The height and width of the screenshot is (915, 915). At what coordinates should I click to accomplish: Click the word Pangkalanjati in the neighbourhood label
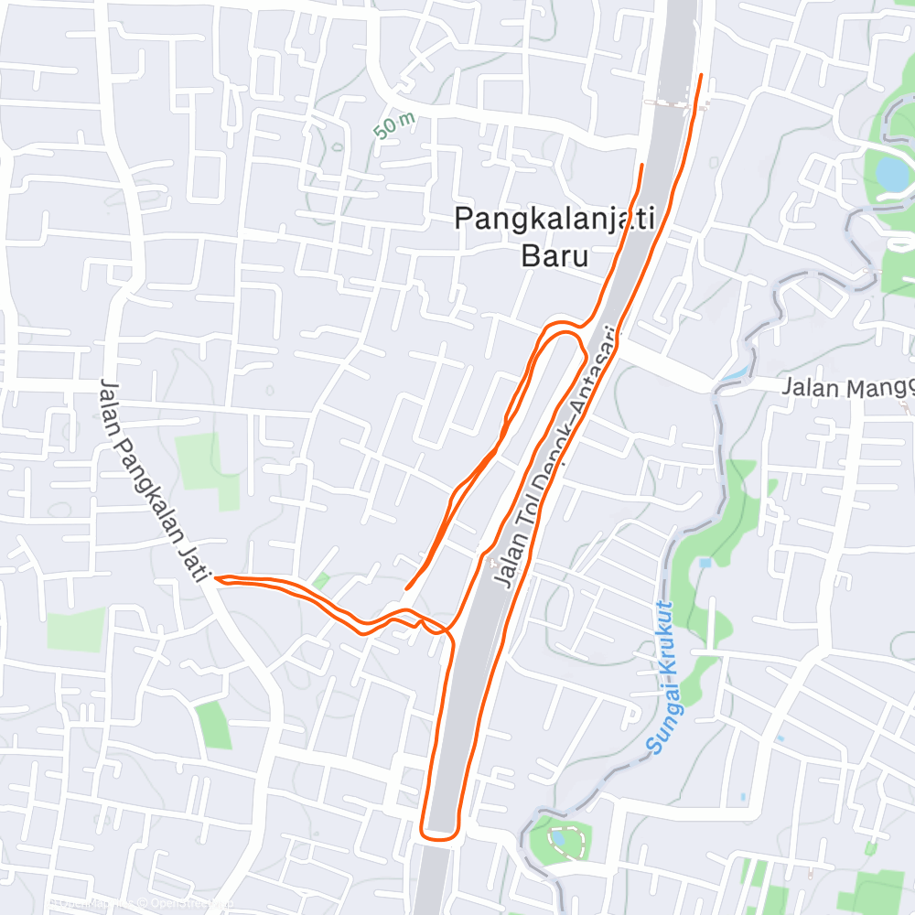[554, 219]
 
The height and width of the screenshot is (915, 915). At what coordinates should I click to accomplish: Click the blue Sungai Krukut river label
[662, 677]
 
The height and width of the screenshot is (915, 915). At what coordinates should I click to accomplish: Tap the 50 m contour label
[394, 125]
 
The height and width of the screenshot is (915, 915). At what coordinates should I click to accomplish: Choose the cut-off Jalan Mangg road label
[846, 388]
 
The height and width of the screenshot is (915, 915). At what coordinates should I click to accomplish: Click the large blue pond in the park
[891, 172]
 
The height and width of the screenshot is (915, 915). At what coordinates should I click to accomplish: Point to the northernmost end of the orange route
[702, 75]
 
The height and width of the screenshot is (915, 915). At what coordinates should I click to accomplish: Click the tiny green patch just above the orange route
[321, 581]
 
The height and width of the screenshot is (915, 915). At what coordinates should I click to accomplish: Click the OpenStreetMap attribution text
[183, 904]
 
